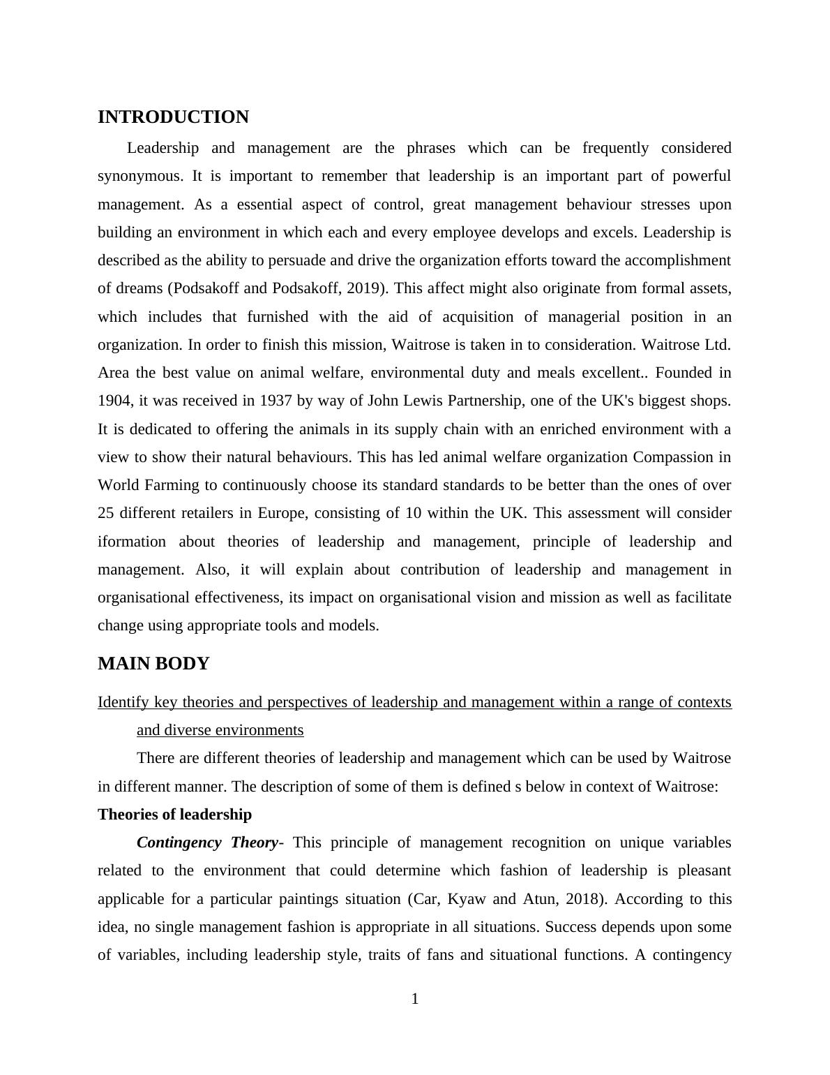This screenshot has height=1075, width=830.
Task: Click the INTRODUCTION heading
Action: [x=173, y=117]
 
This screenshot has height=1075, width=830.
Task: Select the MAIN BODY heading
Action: [x=153, y=664]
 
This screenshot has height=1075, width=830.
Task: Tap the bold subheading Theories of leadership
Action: [x=174, y=815]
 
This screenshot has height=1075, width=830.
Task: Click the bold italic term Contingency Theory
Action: [x=207, y=843]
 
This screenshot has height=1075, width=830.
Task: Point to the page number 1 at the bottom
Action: [x=415, y=1000]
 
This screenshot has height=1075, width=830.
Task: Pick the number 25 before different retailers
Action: [x=106, y=513]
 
